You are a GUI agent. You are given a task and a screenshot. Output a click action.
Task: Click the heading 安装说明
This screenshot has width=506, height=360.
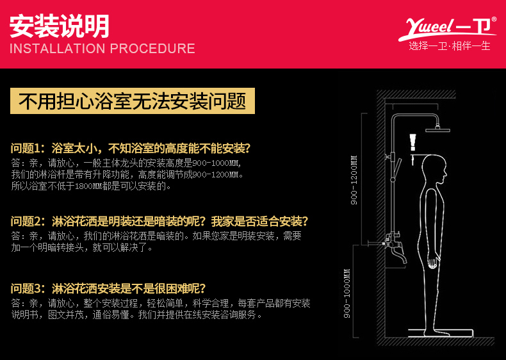pyautogui.click(x=60, y=26)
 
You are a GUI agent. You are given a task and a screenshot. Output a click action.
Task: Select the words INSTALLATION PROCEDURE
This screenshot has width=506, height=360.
pyautogui.click(x=102, y=49)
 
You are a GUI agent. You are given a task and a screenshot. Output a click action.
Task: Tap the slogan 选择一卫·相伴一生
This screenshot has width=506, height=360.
pyautogui.click(x=450, y=46)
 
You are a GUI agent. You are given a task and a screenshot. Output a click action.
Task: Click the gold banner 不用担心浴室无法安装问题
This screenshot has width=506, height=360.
pyautogui.click(x=132, y=101)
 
